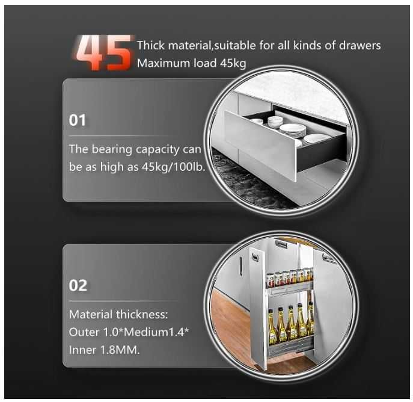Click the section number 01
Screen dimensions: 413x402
pos(78,120)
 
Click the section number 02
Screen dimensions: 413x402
pos(78,285)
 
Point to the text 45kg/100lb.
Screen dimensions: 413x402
pos(173,167)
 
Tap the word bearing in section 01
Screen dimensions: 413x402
pos(112,150)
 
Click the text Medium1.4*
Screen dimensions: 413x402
pos(156,332)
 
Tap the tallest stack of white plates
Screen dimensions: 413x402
pos(293,130)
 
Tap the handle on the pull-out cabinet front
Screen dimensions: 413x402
pos(255,257)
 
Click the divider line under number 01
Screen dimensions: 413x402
pos(123,136)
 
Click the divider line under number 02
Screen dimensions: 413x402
pos(123,301)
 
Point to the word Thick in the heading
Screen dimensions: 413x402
pos(150,45)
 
